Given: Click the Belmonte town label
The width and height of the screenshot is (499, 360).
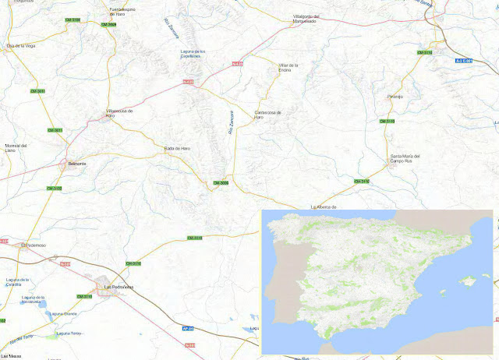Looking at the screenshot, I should pyautogui.click(x=77, y=165).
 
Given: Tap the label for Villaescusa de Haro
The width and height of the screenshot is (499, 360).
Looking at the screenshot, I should pyautogui.click(x=119, y=114).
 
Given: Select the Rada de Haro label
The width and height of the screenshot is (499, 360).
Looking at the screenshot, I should pyautogui.click(x=177, y=148).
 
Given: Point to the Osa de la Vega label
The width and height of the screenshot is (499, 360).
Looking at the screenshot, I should pyautogui.click(x=21, y=46).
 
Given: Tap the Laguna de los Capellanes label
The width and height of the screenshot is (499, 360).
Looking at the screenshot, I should pyautogui.click(x=191, y=53).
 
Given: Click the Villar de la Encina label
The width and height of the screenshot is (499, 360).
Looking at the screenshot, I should pyautogui.click(x=288, y=68).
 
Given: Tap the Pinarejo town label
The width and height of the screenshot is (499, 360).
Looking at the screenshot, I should pyautogui.click(x=395, y=97).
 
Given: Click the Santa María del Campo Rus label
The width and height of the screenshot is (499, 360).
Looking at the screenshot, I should pyautogui.click(x=405, y=159).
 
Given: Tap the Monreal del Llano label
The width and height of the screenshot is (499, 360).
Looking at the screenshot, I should pyautogui.click(x=16, y=147).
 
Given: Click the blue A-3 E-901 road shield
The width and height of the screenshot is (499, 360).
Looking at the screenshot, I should pyautogui.click(x=464, y=59).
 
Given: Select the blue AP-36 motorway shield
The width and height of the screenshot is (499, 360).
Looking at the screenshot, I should pyautogui.click(x=187, y=328).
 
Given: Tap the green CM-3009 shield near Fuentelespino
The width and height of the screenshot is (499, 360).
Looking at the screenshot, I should pyautogui.click(x=108, y=24).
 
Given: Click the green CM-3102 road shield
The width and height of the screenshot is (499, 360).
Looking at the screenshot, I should pyautogui.click(x=54, y=188).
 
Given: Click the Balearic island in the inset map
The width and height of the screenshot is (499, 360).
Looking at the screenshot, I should pyautogui.click(x=467, y=280).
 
